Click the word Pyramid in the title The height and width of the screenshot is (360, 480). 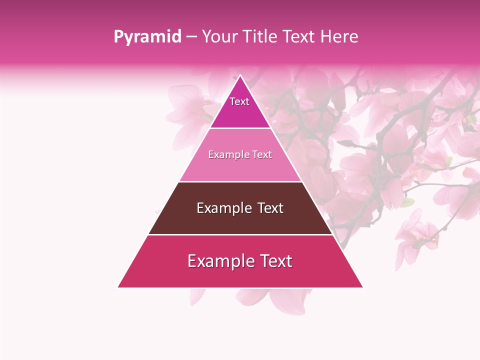147,37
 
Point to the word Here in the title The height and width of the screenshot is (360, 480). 339,37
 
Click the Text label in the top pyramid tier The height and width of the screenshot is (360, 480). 239,101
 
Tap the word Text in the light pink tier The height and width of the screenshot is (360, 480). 262,155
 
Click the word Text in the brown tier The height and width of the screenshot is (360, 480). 270,208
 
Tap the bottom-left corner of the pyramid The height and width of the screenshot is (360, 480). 118,287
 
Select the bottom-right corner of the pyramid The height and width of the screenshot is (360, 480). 362,287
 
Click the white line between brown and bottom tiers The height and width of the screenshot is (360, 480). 240,234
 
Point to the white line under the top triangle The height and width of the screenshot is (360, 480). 240,128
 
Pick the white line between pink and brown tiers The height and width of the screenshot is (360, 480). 240,181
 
